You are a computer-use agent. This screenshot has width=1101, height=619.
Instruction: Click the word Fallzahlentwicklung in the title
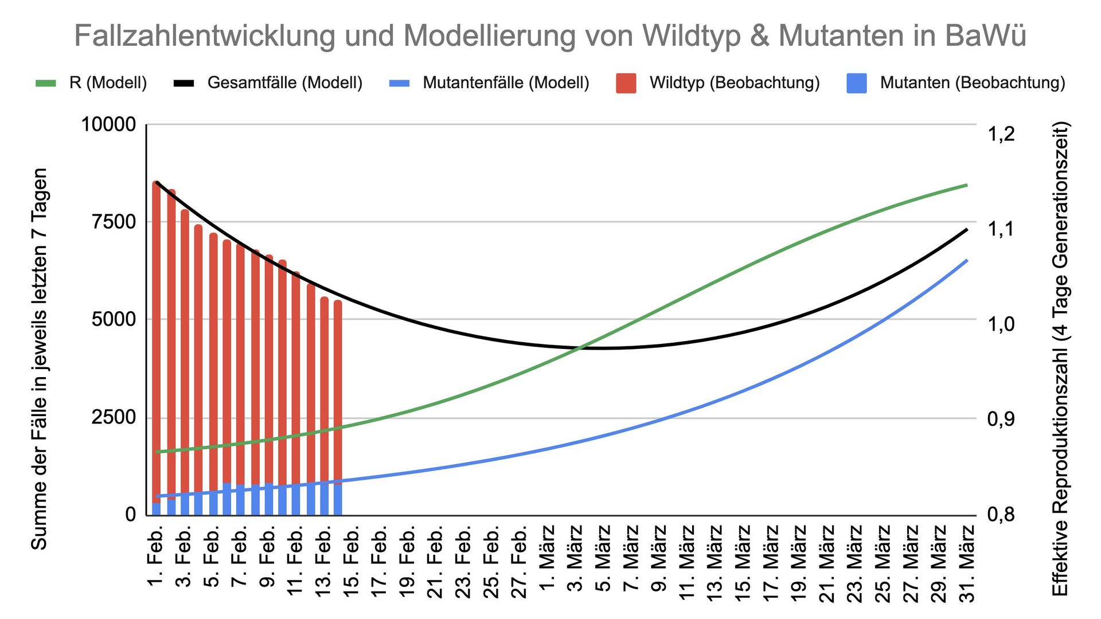[x=204, y=36]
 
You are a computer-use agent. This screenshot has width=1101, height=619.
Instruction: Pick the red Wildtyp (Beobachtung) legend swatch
[x=626, y=83]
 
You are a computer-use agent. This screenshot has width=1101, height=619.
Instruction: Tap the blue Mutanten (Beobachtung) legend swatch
[x=856, y=83]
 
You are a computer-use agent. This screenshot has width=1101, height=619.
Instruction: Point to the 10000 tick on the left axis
[x=108, y=124]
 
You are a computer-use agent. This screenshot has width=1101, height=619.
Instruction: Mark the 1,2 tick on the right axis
[x=1001, y=134]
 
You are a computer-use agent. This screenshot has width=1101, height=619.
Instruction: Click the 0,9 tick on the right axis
[x=1001, y=419]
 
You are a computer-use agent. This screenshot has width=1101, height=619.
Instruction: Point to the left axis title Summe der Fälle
[x=39, y=358]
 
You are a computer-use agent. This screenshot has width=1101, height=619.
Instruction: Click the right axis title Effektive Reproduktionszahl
[x=1060, y=358]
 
